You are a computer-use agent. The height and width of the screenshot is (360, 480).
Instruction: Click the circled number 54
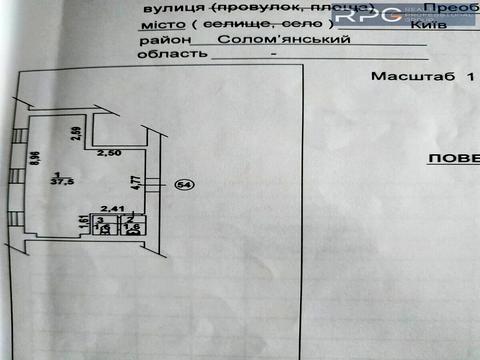pyautogui.click(x=183, y=184)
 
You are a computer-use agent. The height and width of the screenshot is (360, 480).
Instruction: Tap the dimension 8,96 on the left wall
pyautogui.click(x=33, y=156)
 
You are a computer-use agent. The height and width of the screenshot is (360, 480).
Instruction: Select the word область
pyautogui.click(x=159, y=58)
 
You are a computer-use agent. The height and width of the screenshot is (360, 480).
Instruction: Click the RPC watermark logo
pyautogui.click(x=370, y=15)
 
